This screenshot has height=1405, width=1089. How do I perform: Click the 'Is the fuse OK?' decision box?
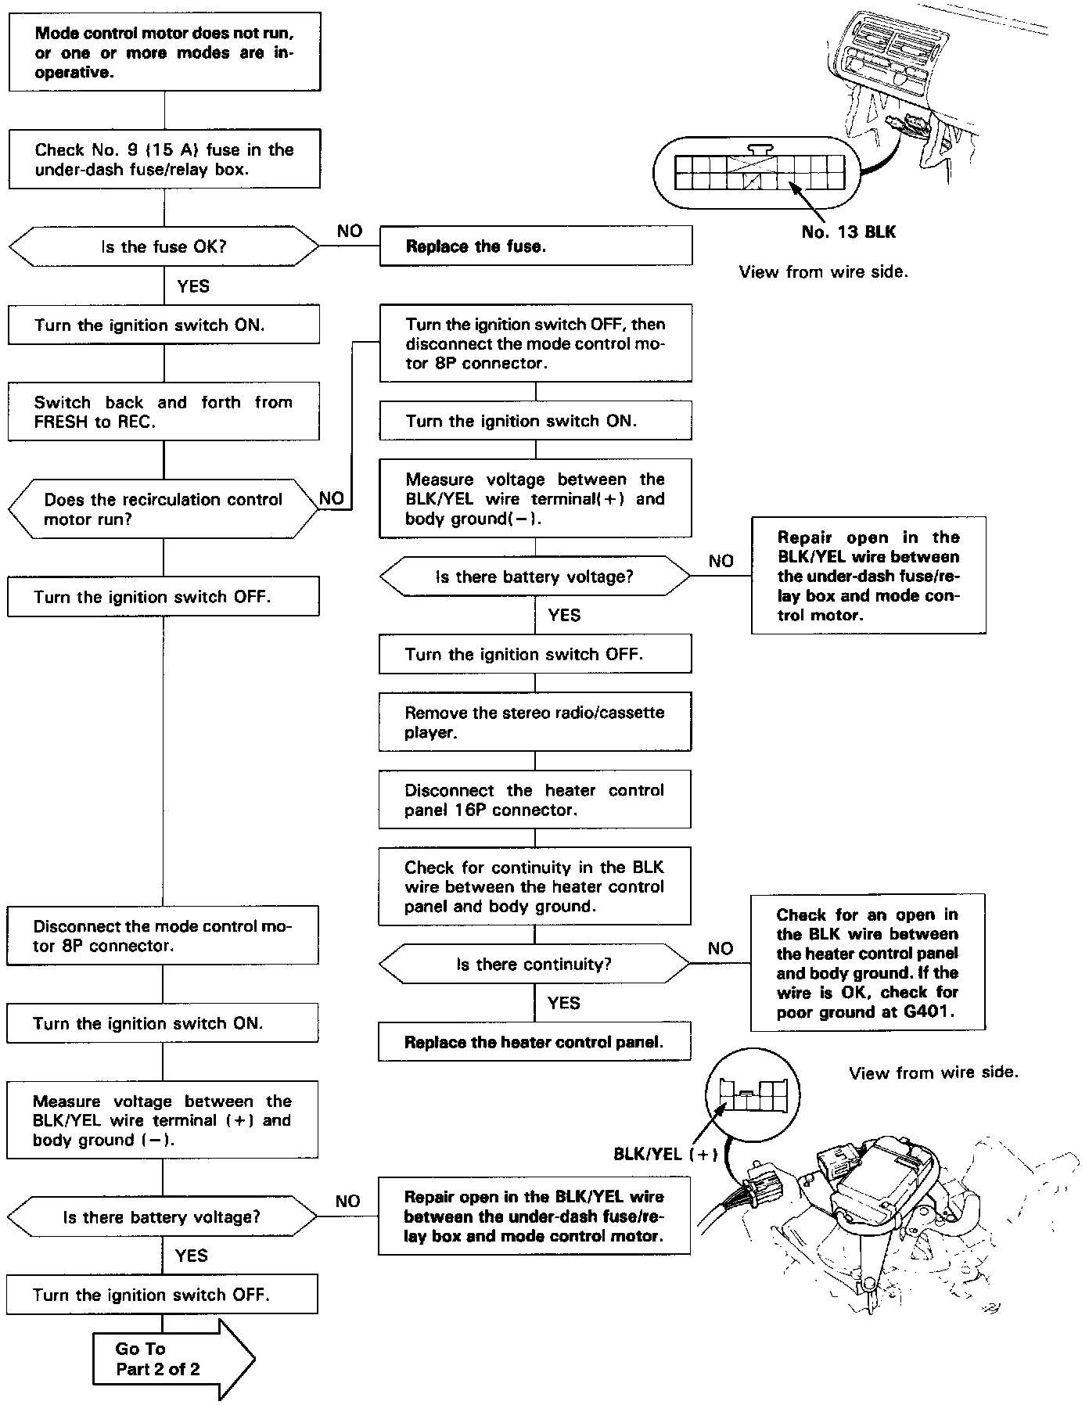pos(164,246)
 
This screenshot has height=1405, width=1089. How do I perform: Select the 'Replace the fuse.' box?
pos(535,246)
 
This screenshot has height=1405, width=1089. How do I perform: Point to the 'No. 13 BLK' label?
pos(848,232)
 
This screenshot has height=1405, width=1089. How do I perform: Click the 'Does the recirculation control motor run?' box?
pos(164,509)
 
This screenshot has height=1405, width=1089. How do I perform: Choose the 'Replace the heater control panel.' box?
pos(534,1042)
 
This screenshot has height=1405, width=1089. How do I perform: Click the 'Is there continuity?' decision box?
pos(534,964)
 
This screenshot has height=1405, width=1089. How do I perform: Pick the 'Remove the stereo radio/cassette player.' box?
pos(535,722)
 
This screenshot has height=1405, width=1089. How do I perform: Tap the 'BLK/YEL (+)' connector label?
pos(665,1154)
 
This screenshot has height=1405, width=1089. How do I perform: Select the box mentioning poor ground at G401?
pos(867,963)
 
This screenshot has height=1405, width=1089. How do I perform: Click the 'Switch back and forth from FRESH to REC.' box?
pos(164,411)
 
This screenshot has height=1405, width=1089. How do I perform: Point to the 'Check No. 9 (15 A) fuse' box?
pos(164,160)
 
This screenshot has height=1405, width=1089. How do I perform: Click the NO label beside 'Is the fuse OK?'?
pos(350,231)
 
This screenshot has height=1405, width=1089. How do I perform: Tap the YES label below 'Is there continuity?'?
pos(563,1003)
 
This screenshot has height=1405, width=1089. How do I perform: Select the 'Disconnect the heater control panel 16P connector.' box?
pos(534,800)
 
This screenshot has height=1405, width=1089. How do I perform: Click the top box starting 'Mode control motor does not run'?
pos(164,52)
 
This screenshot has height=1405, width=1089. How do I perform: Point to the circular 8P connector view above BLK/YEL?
pos(753,1092)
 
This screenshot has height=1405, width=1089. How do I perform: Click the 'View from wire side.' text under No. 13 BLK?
pos(823,272)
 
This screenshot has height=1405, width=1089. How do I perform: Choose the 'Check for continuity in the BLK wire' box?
pos(534,886)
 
